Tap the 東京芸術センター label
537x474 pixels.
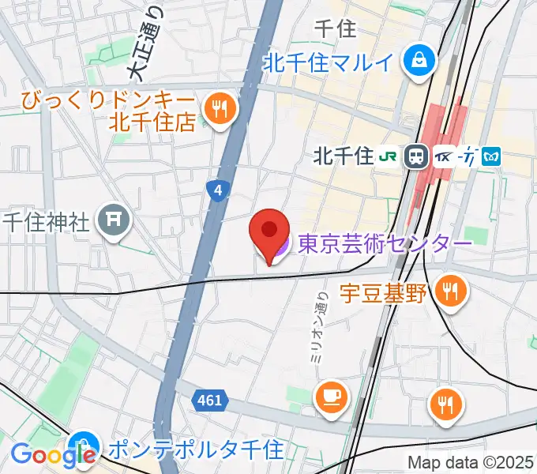coord(385,243)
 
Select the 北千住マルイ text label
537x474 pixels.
coord(329,62)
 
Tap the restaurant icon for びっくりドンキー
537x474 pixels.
coord(218,109)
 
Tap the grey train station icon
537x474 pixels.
coord(415,156)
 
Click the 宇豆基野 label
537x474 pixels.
coord(384,294)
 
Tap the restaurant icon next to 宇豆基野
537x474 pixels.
coord(451,292)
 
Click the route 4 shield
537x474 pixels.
coord(216,190)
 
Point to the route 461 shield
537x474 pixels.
coord(209,401)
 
